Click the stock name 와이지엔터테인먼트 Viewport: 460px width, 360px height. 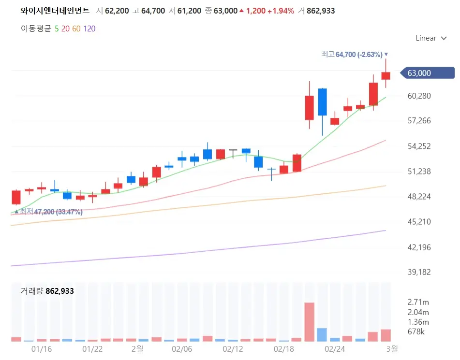pos(55,11)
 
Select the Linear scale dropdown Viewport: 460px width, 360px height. pos(430,38)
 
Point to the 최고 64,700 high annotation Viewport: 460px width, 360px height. pos(355,55)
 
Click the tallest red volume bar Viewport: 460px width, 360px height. pos(309,322)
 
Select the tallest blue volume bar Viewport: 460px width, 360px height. pos(322,334)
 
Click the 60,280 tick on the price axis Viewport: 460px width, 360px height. pos(419,96)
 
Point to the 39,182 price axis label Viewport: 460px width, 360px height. pos(419,273)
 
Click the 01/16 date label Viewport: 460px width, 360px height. pos(41,348)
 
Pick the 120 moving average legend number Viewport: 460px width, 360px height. pos(89,29)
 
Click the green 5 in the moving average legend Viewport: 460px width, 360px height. pos(57,29)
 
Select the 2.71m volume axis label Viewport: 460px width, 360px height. pos(418,302)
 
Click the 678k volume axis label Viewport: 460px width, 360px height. pos(416,332)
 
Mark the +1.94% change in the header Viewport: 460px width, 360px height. pos(280,11)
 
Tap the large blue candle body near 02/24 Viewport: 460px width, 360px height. pos(322,102)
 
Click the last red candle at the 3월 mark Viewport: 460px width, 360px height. pos(386,75)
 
